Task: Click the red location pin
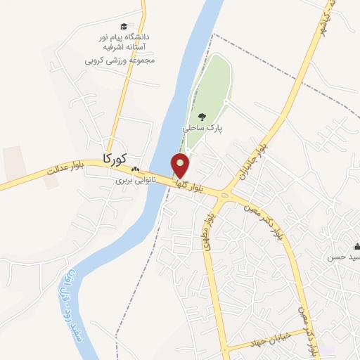click(181, 165)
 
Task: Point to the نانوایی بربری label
click(136, 181)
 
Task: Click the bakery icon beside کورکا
click(135, 169)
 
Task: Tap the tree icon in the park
click(202, 117)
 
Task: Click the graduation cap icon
click(124, 25)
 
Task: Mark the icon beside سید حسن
click(356, 246)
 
